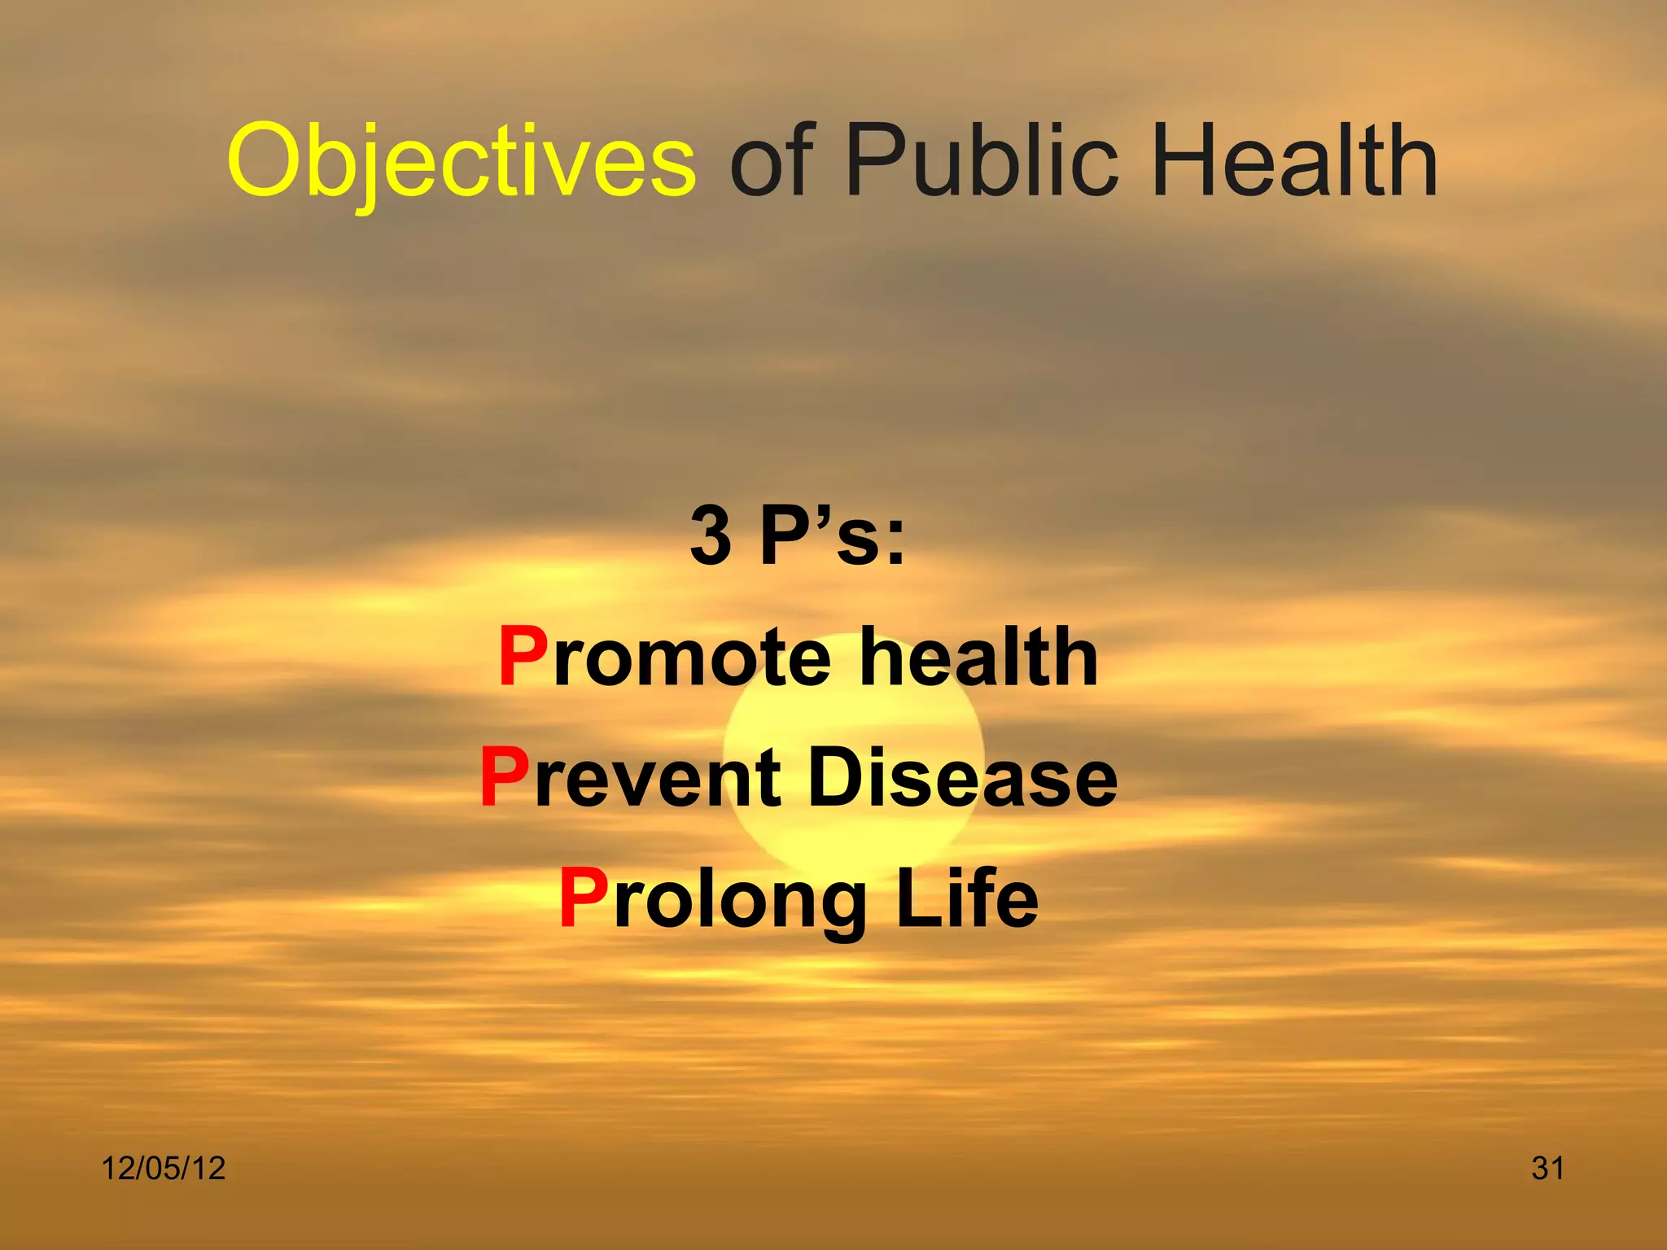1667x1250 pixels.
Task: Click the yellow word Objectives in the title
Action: click(462, 160)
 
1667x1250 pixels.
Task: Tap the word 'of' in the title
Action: click(772, 160)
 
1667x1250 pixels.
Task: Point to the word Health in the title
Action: click(1295, 160)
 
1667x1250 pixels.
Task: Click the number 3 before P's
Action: click(711, 535)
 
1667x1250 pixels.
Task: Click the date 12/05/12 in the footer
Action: click(163, 1169)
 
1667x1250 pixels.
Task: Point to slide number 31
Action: click(1547, 1169)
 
